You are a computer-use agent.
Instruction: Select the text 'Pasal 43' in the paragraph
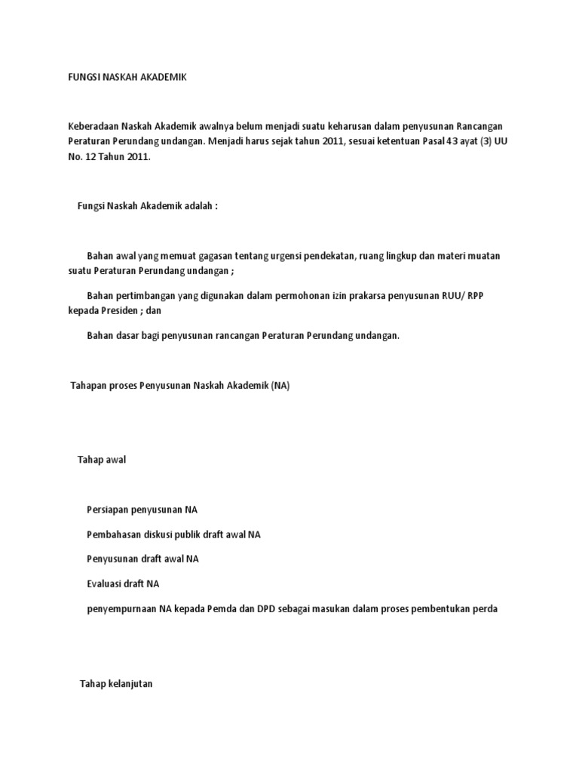coord(439,142)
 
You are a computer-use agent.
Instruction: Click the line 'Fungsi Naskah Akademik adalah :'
coord(147,206)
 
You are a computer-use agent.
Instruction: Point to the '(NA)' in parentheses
coord(281,386)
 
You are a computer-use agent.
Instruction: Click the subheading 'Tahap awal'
coord(102,460)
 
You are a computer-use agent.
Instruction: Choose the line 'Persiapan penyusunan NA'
coord(142,510)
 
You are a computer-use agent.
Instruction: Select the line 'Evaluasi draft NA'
coord(123,584)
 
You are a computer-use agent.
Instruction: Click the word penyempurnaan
coord(121,609)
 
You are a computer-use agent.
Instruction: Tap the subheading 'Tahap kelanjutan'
coord(116,684)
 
